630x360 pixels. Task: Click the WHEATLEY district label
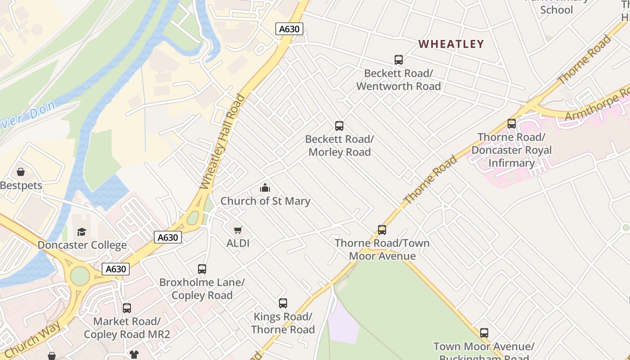451,44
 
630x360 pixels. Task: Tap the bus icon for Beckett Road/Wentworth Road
398,59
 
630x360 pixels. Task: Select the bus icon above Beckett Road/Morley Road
339,126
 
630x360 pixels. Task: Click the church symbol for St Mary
265,188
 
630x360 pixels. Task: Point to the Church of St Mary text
265,201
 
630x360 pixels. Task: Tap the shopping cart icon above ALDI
238,230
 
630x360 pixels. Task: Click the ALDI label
238,243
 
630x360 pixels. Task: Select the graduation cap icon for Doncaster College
81,232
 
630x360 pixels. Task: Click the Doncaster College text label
82,245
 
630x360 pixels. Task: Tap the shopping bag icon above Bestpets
21,172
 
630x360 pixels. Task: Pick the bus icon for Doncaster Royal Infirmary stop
511,124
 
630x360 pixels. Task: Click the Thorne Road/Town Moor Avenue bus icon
382,230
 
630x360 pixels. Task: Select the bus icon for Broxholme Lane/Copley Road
202,269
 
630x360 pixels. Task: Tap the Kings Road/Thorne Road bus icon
283,303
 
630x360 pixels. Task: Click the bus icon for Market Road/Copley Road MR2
127,308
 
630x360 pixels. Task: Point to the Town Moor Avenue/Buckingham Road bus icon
484,333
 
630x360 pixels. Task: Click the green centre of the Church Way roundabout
80,276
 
